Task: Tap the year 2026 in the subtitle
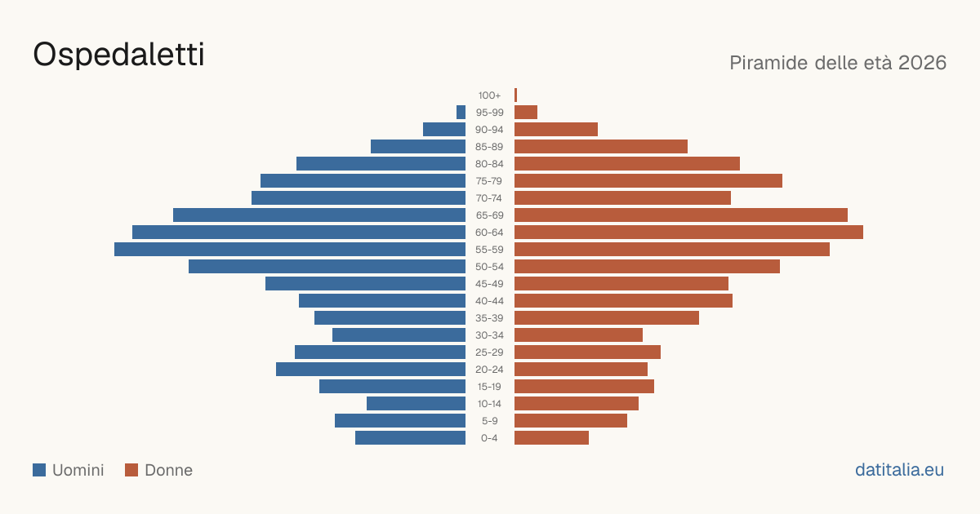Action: click(x=922, y=63)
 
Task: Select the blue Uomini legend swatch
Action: click(x=39, y=470)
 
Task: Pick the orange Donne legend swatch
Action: click(x=131, y=470)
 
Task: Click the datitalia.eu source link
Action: click(x=899, y=470)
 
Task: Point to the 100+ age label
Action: click(x=489, y=95)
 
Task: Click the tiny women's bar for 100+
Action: click(x=516, y=95)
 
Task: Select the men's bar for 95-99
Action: click(x=461, y=113)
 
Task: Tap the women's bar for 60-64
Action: click(x=688, y=232)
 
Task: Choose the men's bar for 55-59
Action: click(x=290, y=249)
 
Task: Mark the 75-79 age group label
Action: click(x=489, y=181)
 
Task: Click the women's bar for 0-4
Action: click(x=552, y=438)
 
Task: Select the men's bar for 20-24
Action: click(x=371, y=370)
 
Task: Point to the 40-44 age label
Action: click(x=489, y=301)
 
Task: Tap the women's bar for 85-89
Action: click(x=601, y=146)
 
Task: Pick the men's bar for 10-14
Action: click(x=416, y=403)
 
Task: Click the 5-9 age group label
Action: click(x=489, y=421)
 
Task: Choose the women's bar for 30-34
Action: click(x=578, y=335)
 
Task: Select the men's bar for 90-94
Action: click(x=444, y=130)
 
